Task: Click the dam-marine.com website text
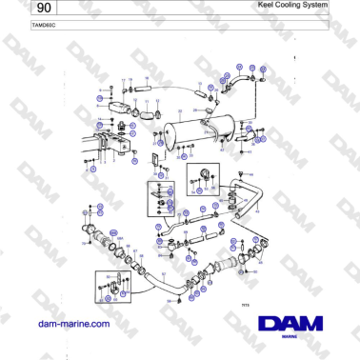tap(72, 324)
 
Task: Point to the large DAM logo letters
tap(296, 323)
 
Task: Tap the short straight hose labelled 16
tap(142, 93)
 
